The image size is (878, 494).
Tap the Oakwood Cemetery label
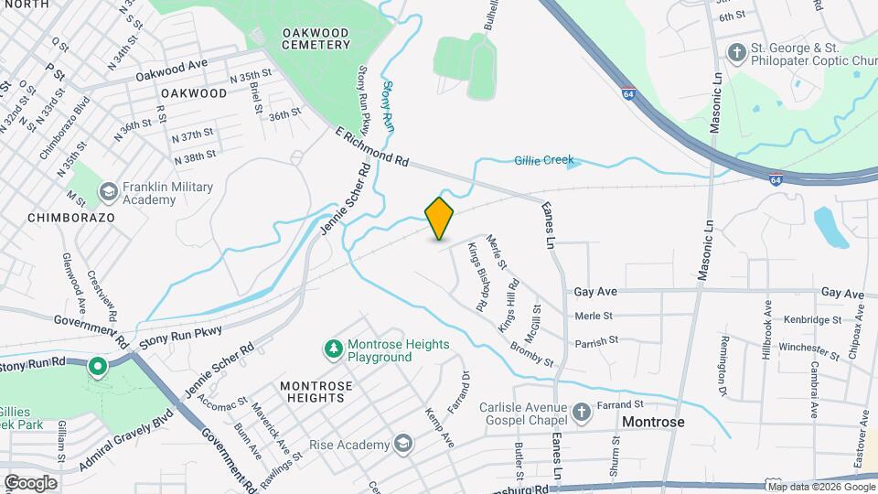coord(316,38)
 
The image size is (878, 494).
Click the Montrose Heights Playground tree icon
coord(333,349)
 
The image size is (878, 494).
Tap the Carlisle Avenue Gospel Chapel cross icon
coord(581,412)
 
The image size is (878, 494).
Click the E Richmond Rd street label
coord(371,146)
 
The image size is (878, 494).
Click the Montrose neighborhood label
coord(653,422)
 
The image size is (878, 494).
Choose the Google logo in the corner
coord(29,482)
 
